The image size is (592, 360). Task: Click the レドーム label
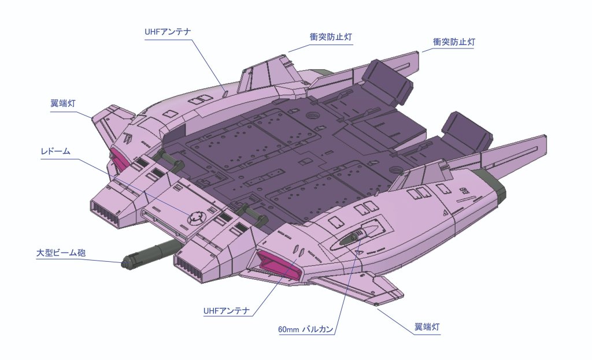coord(55,151)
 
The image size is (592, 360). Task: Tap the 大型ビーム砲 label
coord(61,253)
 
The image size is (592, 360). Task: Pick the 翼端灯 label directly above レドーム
coord(63,104)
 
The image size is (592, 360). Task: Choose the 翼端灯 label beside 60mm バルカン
coord(428,328)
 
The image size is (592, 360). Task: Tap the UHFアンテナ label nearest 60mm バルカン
coord(226,311)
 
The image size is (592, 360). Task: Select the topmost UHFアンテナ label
coord(167,31)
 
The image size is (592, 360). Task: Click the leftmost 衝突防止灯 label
coord(331,36)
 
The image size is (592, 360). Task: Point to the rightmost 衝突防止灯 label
coord(454,42)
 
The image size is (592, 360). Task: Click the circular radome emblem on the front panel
coord(197,217)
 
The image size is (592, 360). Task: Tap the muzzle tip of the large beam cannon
coord(125,263)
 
